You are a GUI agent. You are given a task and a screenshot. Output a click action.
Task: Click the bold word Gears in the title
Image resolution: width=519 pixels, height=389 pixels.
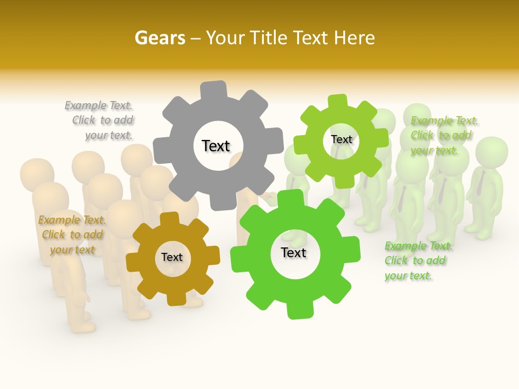coord(160,38)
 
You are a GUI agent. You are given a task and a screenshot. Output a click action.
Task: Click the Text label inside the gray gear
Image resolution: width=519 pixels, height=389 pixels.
coord(216,146)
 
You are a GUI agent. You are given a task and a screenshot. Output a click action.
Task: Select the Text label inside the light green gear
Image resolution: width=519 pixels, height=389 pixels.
coord(341,139)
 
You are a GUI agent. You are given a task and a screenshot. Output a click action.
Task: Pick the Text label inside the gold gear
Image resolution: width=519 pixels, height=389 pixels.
coord(171,257)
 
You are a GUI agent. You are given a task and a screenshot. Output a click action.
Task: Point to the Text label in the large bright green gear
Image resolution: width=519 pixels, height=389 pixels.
coord(294,252)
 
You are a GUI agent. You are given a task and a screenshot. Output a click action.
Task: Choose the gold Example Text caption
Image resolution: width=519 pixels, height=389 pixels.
coord(71,234)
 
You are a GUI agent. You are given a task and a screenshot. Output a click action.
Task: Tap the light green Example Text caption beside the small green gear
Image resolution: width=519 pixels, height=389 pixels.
coord(443,135)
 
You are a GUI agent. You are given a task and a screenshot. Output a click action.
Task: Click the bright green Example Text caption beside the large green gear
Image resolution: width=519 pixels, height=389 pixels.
coord(417,260)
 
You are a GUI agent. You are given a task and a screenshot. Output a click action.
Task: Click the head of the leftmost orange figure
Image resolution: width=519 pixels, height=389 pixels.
coord(37,173)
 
